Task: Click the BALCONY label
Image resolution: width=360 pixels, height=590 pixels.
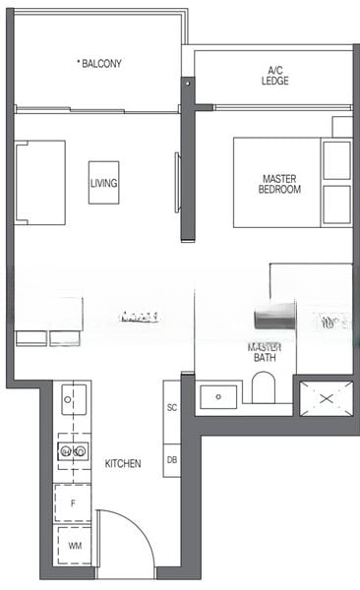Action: (x=102, y=63)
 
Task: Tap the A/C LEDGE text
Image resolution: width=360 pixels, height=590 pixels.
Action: (x=275, y=76)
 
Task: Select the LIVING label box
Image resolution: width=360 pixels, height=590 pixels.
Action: (x=103, y=183)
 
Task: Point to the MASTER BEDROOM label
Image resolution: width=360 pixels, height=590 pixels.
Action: (x=280, y=184)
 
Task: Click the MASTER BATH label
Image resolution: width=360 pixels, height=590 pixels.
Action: (x=265, y=353)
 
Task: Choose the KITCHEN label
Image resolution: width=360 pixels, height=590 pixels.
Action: (x=122, y=463)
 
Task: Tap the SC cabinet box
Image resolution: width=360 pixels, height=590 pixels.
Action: (x=172, y=407)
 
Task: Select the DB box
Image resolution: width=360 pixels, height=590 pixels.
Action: (x=172, y=459)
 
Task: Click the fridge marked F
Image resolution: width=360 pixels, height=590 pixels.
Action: (x=73, y=502)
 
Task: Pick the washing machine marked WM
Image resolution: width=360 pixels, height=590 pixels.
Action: (x=73, y=544)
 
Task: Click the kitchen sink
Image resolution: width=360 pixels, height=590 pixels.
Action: (x=73, y=399)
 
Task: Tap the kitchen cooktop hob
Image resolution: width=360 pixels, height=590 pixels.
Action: (x=73, y=450)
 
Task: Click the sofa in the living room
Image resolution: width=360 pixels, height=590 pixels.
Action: (x=39, y=183)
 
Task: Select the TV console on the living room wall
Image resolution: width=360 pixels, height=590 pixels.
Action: (x=178, y=181)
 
